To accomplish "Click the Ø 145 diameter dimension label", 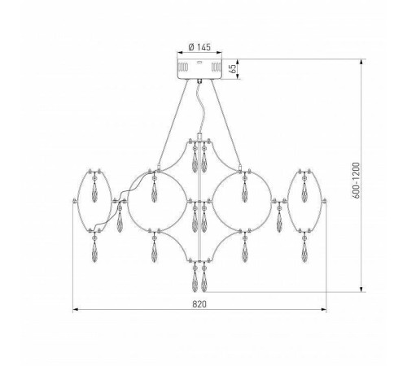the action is (199, 47).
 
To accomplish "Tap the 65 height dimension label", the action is (233, 69).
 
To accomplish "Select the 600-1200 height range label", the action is (356, 181).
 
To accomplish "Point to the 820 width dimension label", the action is (199, 304).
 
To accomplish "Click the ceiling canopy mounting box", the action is (199, 69).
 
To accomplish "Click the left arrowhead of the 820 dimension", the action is (76, 309).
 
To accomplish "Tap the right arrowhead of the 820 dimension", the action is (323, 309).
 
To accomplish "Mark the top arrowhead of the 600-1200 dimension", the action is (361, 62).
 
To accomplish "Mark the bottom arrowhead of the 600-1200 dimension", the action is (361, 290).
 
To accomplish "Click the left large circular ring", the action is (127, 201).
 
